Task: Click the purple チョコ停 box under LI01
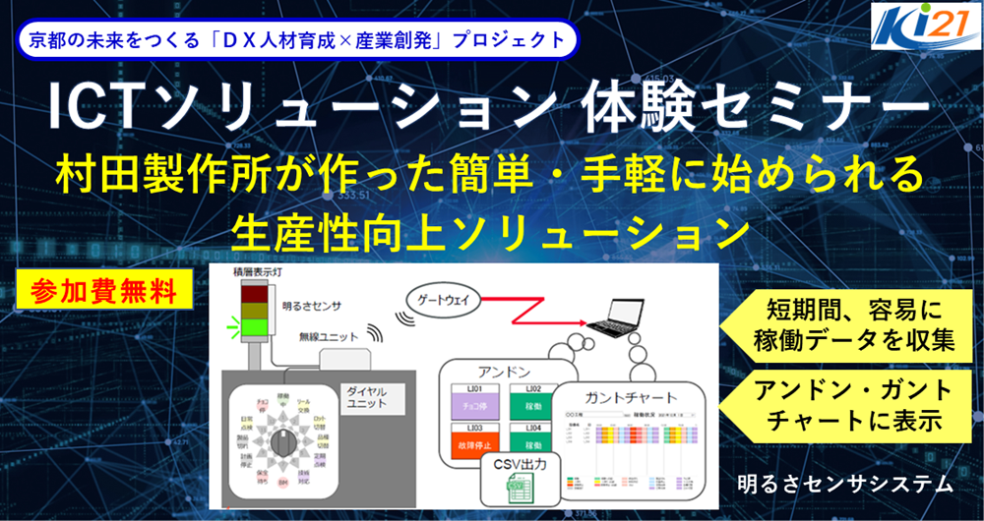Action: (x=478, y=403)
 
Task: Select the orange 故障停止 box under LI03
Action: (x=478, y=445)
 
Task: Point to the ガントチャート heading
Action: (x=630, y=398)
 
